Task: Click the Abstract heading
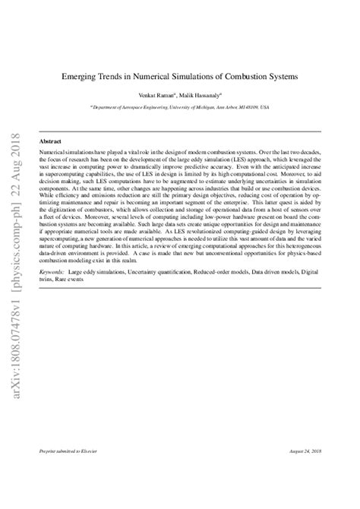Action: tap(50, 141)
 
